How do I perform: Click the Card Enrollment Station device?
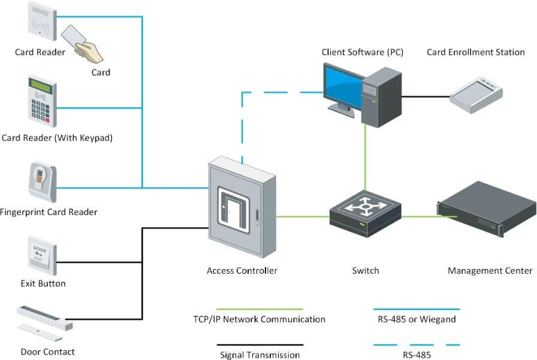(x=477, y=93)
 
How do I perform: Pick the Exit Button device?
(x=42, y=255)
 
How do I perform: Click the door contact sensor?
(x=45, y=320)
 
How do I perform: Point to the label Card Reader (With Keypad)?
(x=57, y=138)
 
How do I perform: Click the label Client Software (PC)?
(x=362, y=52)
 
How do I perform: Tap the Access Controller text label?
(x=242, y=271)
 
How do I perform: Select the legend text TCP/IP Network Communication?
(x=259, y=319)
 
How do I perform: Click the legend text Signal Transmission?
(x=259, y=355)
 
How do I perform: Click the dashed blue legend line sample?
(x=416, y=344)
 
